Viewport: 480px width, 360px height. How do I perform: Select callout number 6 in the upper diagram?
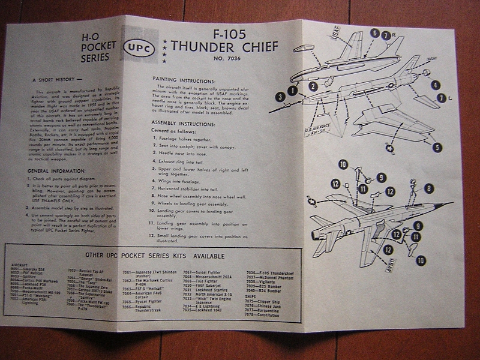374,33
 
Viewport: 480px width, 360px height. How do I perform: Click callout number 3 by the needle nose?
280,96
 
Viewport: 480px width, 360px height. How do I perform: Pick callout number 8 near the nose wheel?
428,189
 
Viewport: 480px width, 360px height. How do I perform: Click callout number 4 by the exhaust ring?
434,85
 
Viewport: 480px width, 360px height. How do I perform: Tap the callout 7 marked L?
443,97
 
